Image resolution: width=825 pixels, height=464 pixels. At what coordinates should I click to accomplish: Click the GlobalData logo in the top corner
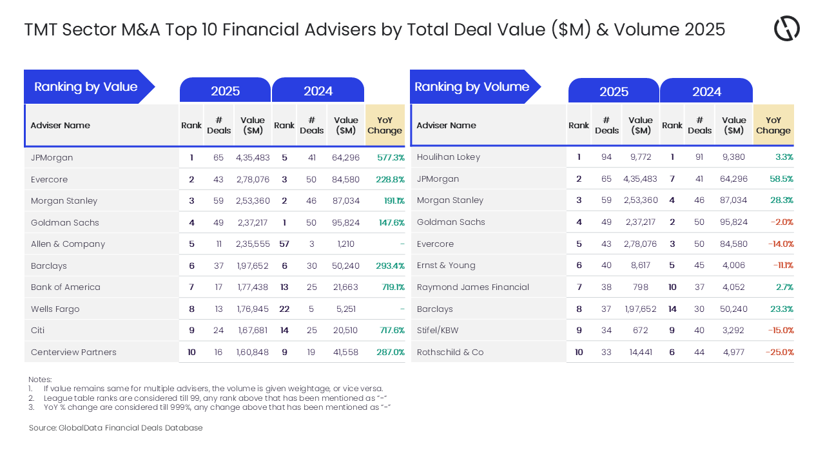click(x=786, y=29)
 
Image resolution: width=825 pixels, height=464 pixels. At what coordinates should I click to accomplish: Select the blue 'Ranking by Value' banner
click(x=86, y=87)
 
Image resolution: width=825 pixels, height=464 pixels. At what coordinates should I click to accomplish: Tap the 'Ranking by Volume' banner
click(x=472, y=87)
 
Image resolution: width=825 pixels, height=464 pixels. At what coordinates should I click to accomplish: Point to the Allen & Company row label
click(x=68, y=244)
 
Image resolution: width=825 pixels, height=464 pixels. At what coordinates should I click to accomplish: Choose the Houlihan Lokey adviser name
click(x=449, y=157)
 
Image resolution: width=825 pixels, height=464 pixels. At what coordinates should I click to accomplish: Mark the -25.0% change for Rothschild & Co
click(x=779, y=353)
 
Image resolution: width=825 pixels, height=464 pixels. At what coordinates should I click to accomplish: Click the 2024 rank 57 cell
click(x=284, y=244)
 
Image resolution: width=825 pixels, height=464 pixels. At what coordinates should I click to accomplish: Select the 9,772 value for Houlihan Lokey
click(x=641, y=157)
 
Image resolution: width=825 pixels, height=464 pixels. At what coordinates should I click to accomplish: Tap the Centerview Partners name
click(x=73, y=353)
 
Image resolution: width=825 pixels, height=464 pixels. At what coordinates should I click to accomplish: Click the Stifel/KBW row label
click(x=438, y=331)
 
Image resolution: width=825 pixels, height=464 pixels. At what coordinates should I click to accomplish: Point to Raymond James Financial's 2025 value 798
click(x=641, y=287)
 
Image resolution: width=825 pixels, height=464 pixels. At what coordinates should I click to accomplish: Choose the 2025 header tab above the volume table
click(x=614, y=92)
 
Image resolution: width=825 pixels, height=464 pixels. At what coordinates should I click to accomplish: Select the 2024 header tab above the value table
click(x=318, y=91)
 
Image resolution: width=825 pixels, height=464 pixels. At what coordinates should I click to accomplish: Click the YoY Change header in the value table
click(x=385, y=125)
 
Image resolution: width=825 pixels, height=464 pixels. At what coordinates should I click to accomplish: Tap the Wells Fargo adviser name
click(x=55, y=309)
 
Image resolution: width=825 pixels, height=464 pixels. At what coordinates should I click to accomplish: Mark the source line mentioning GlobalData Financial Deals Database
click(x=115, y=428)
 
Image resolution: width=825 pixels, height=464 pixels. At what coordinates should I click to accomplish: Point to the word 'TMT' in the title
click(x=42, y=30)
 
